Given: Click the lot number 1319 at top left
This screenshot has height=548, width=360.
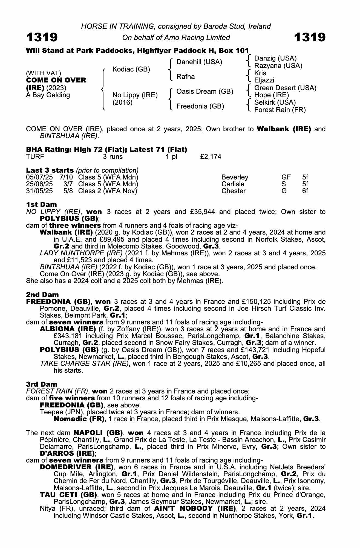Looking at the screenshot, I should (x=42, y=37).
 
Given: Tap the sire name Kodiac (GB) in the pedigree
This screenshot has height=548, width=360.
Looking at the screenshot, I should (x=131, y=69).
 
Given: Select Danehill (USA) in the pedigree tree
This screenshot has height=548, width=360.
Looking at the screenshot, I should (x=199, y=62).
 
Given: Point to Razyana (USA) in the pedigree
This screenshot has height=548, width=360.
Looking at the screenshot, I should (x=278, y=66).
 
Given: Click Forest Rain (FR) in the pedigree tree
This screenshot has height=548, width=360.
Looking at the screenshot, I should (x=280, y=110).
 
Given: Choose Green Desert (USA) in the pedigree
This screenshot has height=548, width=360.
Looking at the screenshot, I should (x=285, y=88).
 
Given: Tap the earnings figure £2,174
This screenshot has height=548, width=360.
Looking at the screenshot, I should (x=211, y=157).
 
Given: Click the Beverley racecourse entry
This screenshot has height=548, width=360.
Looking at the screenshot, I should (x=235, y=177).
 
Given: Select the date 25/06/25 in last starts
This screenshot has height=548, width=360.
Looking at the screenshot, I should (x=39, y=184).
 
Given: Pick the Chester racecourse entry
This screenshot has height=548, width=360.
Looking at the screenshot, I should (x=233, y=191).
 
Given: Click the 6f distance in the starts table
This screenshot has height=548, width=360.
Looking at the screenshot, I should (x=305, y=191).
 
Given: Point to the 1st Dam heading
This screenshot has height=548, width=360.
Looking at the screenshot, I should (x=41, y=204).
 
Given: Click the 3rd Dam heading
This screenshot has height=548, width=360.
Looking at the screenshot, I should (x=42, y=384).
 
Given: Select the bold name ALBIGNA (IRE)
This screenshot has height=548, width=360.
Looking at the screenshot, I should (x=68, y=329).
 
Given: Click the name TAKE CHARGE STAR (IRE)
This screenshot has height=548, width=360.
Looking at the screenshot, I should (x=84, y=364).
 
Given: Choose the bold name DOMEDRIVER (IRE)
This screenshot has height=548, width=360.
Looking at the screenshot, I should (x=77, y=467).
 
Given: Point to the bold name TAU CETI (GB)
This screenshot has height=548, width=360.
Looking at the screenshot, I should (x=68, y=495).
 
